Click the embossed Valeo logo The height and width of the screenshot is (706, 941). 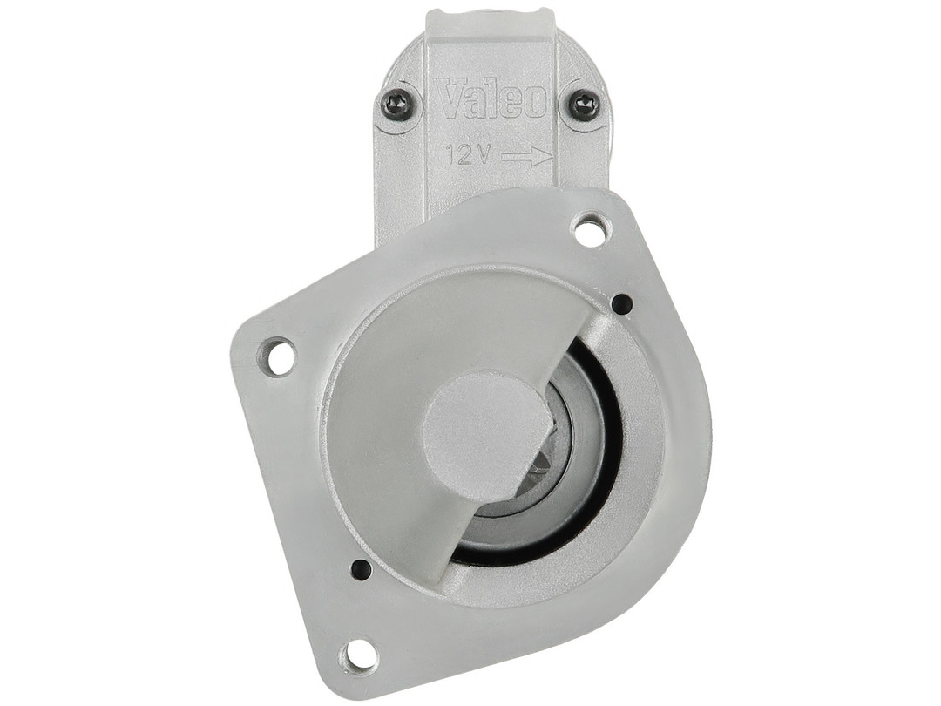491,100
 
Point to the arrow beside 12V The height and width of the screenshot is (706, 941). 526,157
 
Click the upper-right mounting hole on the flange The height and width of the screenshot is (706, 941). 591,228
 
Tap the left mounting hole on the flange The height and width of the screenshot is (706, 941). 277,356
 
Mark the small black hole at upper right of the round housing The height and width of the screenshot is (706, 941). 622,303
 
